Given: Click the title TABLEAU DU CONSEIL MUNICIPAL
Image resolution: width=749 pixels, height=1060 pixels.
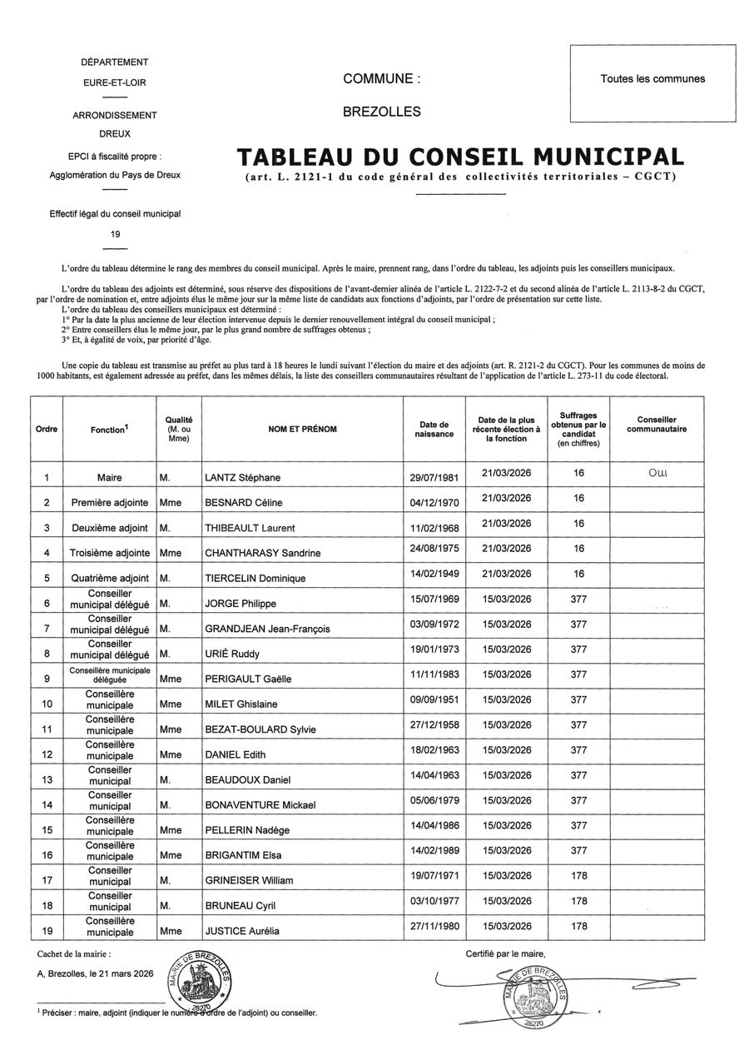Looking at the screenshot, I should [x=460, y=157].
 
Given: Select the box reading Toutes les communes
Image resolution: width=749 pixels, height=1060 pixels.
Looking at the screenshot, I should [x=652, y=80].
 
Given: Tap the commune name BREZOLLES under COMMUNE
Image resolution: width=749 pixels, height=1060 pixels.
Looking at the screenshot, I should [x=382, y=112].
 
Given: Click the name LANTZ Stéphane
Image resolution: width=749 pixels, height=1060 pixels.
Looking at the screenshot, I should [x=242, y=478].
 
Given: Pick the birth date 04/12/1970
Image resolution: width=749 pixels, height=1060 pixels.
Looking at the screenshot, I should [x=433, y=501].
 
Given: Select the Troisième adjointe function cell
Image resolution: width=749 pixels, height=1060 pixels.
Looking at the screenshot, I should [x=111, y=553].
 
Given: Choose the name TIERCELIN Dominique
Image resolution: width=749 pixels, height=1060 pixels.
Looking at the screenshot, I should [x=255, y=578].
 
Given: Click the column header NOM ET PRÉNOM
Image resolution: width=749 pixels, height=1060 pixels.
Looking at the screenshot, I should [x=302, y=429].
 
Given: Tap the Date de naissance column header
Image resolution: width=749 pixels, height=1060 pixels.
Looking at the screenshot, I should [x=433, y=429].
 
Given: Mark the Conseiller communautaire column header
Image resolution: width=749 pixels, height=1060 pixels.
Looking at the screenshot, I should [x=657, y=425].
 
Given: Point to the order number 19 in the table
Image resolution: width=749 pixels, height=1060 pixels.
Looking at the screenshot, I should [x=47, y=930].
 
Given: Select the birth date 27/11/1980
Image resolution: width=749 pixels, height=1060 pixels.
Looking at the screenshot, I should [x=433, y=925].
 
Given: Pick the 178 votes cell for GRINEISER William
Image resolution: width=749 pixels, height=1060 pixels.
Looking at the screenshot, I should [x=579, y=875].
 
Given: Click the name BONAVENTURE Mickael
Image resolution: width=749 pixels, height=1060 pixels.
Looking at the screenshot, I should [x=259, y=805].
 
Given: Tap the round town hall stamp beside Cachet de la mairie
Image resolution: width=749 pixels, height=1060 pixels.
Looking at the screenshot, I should [x=201, y=980].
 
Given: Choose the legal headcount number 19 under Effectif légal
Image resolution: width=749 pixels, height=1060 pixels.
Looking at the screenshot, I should [x=115, y=234].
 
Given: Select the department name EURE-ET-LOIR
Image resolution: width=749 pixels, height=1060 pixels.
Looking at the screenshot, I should [x=115, y=82].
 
